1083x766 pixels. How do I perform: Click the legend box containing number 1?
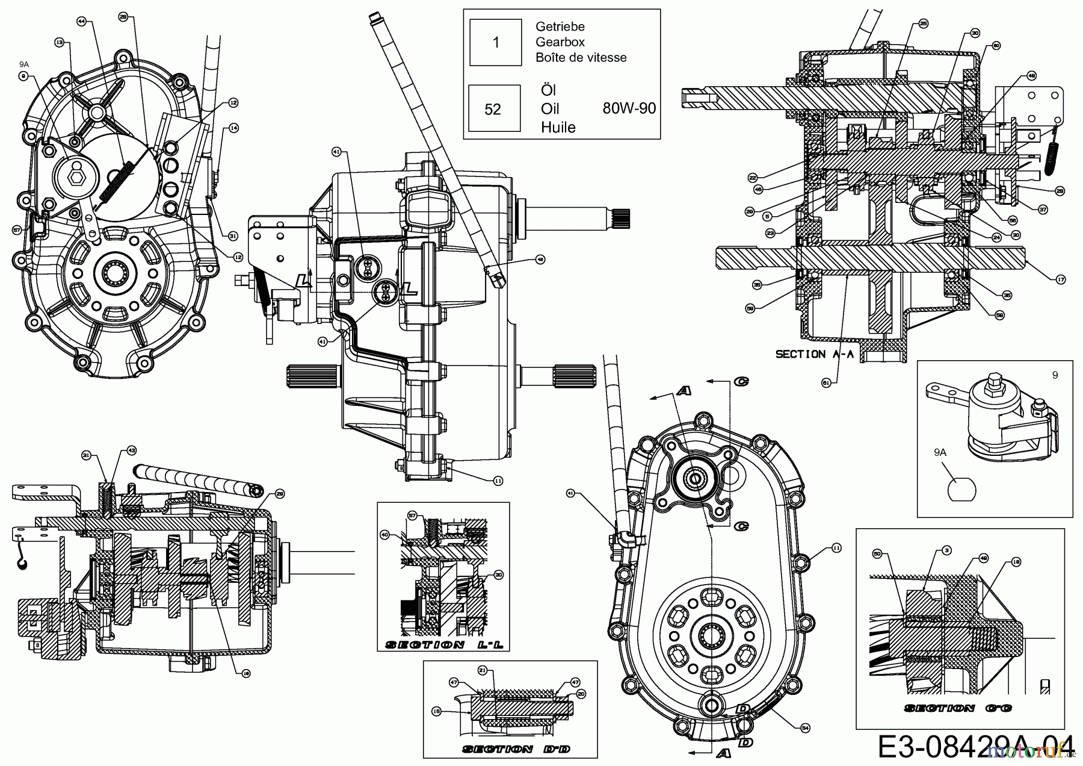495,42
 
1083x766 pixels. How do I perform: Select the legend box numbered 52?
493,108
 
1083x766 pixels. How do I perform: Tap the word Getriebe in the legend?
560,26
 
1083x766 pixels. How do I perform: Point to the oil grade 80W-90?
629,108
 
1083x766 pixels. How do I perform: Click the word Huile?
558,127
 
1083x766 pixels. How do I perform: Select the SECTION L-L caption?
443,645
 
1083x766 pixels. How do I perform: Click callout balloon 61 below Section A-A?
826,381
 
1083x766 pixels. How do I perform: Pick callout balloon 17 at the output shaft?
1060,279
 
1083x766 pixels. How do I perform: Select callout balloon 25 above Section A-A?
923,23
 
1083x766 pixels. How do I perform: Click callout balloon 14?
233,128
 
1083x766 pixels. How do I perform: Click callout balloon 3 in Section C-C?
947,550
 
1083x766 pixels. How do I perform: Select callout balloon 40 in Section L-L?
384,534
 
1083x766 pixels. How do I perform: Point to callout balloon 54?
805,728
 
